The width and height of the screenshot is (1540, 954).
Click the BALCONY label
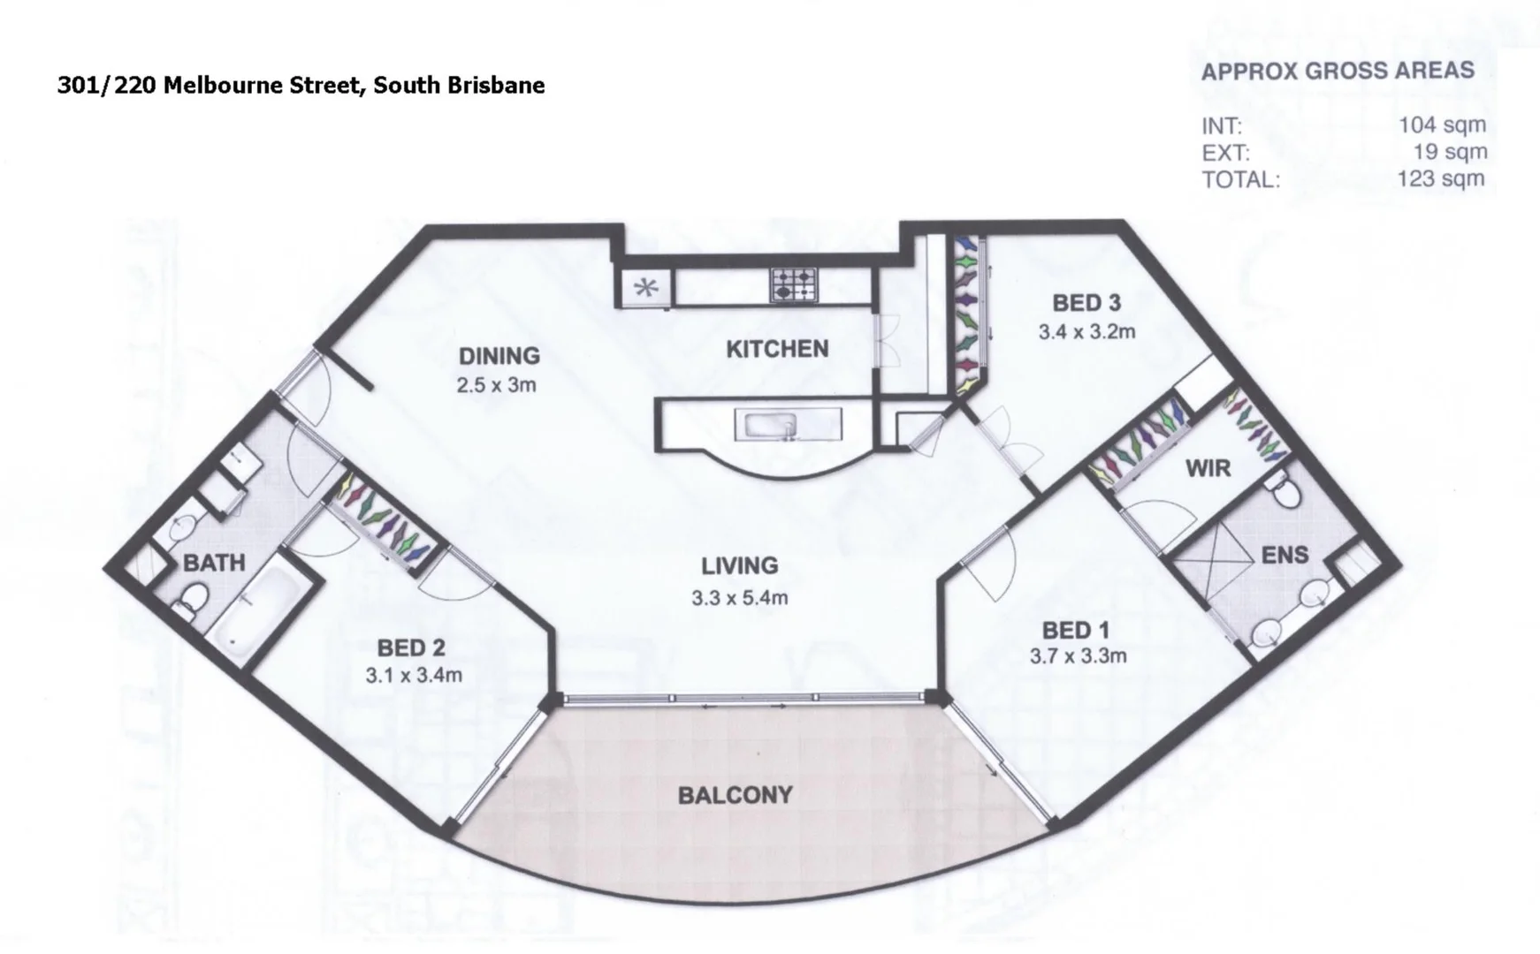click(735, 795)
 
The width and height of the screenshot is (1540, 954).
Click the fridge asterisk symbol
click(646, 288)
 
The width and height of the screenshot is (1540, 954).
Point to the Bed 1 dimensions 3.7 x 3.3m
click(1078, 656)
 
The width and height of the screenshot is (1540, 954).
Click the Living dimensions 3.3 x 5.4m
click(739, 598)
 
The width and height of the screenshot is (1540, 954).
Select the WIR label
click(1208, 467)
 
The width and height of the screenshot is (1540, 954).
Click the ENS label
click(1284, 555)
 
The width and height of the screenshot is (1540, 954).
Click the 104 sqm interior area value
click(1441, 125)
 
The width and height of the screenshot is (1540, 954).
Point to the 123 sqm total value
click(1440, 179)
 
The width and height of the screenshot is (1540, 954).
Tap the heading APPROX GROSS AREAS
click(1337, 71)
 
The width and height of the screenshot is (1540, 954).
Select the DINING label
click(499, 355)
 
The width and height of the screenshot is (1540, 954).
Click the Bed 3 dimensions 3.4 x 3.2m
click(1086, 332)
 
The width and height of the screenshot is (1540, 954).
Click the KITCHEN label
click(777, 349)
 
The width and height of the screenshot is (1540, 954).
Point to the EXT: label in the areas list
click(1225, 153)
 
